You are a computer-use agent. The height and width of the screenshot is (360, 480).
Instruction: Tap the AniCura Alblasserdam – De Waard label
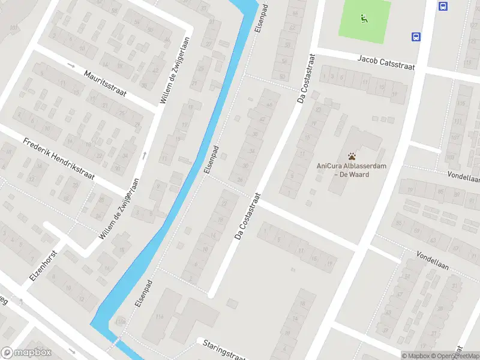(343, 170)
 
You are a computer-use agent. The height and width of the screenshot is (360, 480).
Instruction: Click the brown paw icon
(352, 156)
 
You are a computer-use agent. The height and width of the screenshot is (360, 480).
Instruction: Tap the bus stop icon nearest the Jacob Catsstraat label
(416, 37)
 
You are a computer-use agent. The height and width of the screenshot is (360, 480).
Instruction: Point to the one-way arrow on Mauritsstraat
(72, 65)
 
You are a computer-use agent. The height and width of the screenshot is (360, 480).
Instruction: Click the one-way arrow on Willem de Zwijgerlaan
(144, 156)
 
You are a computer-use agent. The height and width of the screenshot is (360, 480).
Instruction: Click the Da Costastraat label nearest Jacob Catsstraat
(307, 79)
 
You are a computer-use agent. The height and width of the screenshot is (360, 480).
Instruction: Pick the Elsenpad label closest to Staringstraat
(143, 294)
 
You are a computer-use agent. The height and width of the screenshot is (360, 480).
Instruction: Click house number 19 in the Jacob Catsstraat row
(394, 94)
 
